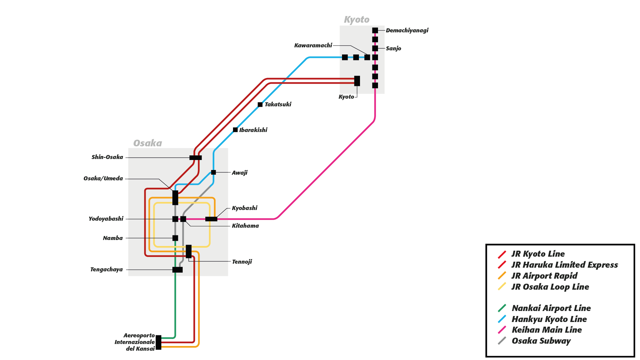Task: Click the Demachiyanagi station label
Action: tap(407, 30)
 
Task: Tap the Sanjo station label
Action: tap(393, 48)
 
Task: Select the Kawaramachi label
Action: tap(313, 45)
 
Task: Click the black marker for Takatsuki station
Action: tap(260, 105)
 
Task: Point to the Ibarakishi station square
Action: tap(235, 130)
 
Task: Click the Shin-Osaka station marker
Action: tap(196, 158)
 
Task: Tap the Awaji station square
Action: tap(213, 172)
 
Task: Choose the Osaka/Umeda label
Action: tap(103, 178)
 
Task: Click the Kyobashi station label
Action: tap(244, 208)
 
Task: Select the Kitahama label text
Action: tap(245, 226)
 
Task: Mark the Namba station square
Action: tap(175, 238)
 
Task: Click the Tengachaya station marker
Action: tap(178, 270)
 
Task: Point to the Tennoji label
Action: tap(242, 262)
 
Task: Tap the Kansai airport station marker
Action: tap(159, 342)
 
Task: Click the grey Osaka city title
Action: tap(148, 143)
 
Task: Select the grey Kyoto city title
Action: tap(357, 20)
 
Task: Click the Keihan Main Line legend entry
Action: tap(547, 330)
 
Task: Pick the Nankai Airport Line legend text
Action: tap(551, 308)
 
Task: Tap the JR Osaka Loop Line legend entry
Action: tap(550, 287)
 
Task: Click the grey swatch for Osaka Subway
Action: tap(502, 341)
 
